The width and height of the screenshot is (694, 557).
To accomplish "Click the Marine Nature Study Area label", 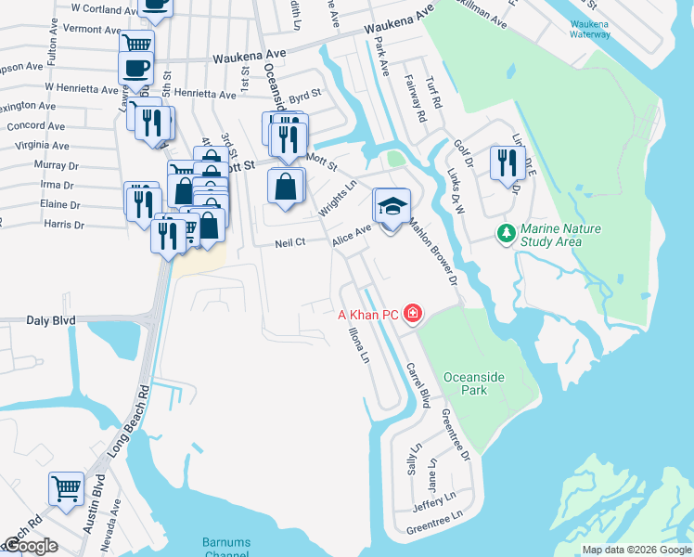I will coord(560,235).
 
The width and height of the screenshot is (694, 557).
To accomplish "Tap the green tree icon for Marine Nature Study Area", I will coord(507,231).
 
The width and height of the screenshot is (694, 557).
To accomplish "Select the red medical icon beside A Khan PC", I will coord(411,316).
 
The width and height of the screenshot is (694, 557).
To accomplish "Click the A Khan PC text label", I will coord(367,316).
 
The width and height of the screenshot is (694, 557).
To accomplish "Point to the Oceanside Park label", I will coord(478,383).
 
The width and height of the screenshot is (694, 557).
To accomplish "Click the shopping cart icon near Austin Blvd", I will coord(66,487).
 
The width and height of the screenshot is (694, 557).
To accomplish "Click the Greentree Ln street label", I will coord(434,525).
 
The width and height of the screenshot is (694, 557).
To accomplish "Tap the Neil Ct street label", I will coord(290,243).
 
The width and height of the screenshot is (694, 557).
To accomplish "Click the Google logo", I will coord(32,546).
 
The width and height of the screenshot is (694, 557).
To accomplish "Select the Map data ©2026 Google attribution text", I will coord(636,551).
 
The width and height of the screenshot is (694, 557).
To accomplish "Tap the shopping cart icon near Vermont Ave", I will coord(136,44).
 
